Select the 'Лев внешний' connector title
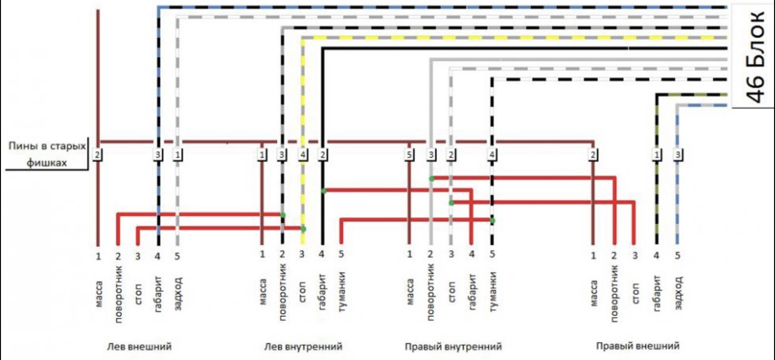pos(139,346)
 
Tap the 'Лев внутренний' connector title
pos(303,346)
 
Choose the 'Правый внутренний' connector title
pos(453,346)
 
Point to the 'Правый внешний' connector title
pos(637,346)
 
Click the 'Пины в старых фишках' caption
pos(47,154)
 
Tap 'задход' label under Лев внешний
pos(178,294)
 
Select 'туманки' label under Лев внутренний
pos(341,292)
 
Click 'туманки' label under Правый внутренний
pos(492,292)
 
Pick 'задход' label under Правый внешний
pos(678,293)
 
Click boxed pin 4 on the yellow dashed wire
pos(303,155)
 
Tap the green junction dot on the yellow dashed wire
pos(303,229)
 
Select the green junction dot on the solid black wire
pos(323,191)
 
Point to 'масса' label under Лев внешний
pos(99,294)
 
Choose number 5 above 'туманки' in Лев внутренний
pos(341,255)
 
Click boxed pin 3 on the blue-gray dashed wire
pos(678,155)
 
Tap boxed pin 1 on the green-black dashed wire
pos(657,155)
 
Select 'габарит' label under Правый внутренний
pos(472,292)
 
